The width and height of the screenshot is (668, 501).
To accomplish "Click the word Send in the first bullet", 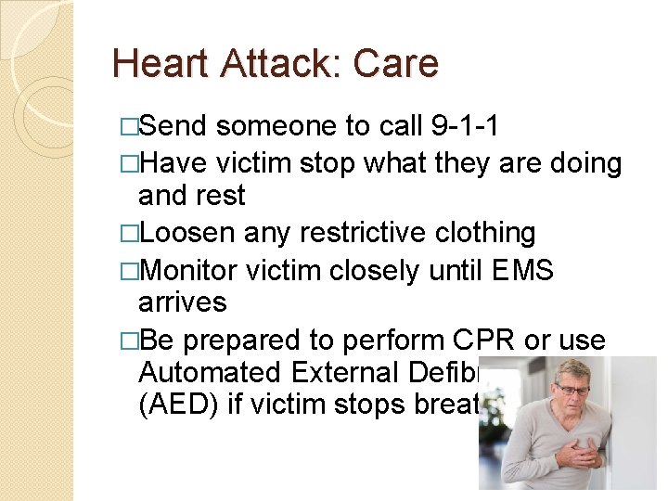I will (178, 126).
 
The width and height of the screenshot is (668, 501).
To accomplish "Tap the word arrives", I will (182, 302).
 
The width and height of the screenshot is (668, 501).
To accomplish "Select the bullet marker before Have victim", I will (128, 163).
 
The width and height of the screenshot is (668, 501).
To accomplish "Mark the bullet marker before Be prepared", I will (128, 340).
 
